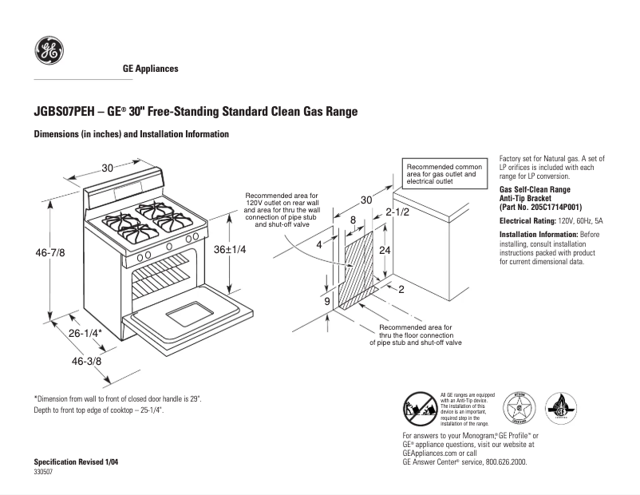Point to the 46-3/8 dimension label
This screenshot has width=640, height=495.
pyautogui.click(x=87, y=362)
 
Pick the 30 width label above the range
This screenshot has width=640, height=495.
pyautogui.click(x=108, y=168)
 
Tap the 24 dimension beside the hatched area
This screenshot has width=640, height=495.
pyautogui.click(x=385, y=250)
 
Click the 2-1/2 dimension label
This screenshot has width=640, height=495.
pyautogui.click(x=397, y=212)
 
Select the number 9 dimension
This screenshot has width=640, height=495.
pyautogui.click(x=327, y=302)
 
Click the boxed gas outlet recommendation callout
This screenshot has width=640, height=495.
pyautogui.click(x=441, y=173)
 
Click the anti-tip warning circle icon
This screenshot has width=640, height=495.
pyautogui.click(x=418, y=410)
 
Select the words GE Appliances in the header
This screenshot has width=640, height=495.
pyautogui.click(x=150, y=69)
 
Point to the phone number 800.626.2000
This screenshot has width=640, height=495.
pyautogui.click(x=500, y=462)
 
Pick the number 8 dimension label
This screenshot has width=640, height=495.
pyautogui.click(x=353, y=220)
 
